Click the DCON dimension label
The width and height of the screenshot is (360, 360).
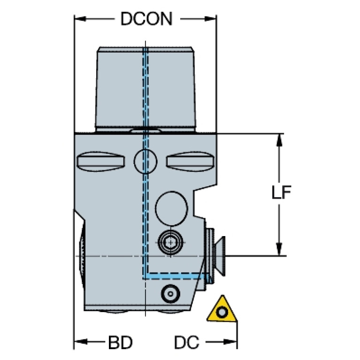point(146,19)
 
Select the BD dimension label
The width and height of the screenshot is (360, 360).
point(121,343)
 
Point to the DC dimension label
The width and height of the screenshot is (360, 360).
point(186,343)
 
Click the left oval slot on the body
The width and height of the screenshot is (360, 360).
point(101,162)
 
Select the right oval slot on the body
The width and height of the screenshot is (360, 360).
point(190,162)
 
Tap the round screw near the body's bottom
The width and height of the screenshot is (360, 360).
point(169,294)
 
